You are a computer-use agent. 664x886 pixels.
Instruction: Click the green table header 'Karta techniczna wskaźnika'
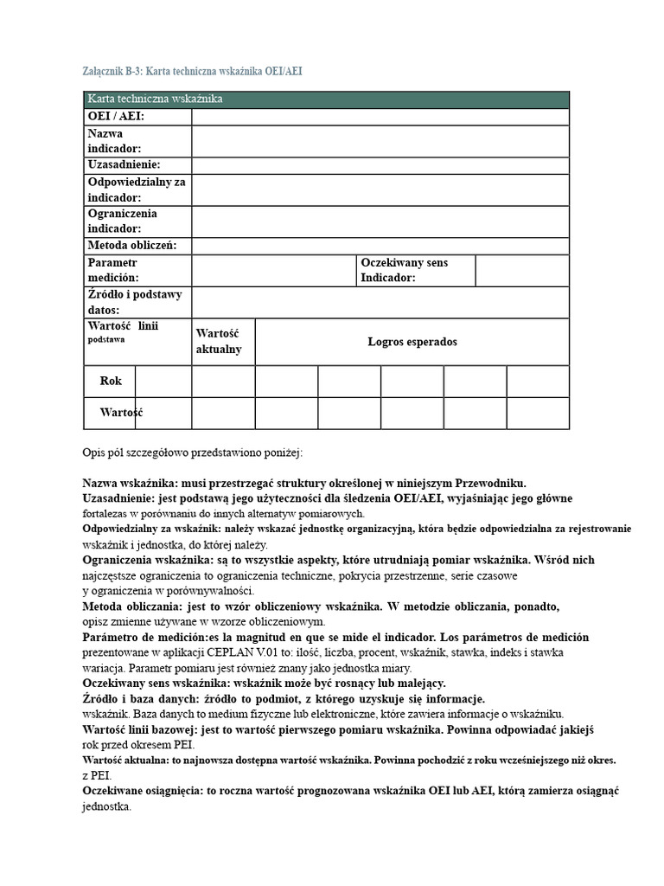click(x=156, y=100)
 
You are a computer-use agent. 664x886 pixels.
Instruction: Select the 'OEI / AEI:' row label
click(x=116, y=117)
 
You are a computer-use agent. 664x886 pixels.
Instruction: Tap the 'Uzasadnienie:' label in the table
click(x=124, y=164)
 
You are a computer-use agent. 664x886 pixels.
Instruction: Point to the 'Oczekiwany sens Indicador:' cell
click(x=415, y=270)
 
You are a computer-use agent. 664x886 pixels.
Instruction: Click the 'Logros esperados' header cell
click(x=412, y=342)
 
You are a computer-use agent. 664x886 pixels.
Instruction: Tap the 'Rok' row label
click(x=111, y=381)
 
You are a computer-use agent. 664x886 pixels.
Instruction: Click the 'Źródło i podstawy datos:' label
click(x=135, y=302)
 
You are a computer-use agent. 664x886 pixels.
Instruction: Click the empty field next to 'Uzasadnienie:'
click(x=380, y=164)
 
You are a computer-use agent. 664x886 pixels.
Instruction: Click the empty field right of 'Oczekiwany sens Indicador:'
click(x=522, y=270)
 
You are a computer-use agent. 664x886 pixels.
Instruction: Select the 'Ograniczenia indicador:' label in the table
click(x=123, y=221)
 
